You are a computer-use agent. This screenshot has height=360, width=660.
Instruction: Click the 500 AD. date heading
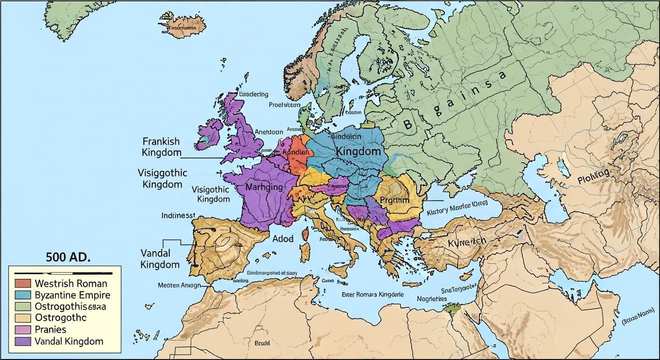click(68, 257)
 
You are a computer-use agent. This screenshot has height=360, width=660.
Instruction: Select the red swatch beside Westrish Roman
click(23, 283)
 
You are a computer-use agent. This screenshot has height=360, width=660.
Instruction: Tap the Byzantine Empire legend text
click(72, 295)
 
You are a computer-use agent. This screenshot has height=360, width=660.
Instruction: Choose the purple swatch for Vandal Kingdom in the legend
click(23, 341)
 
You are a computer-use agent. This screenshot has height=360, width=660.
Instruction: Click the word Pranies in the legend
click(51, 330)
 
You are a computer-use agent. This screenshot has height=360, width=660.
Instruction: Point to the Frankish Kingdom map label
click(161, 147)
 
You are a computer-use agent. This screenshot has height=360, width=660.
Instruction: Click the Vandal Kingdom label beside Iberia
click(160, 259)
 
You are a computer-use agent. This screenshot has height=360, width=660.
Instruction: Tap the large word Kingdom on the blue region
click(358, 152)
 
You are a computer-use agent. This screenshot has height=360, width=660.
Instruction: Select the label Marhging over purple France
click(264, 187)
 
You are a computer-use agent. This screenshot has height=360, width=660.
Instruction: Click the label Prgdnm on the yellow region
click(395, 200)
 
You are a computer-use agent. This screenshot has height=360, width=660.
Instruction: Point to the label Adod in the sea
click(283, 239)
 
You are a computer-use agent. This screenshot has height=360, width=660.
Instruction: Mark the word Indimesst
click(178, 216)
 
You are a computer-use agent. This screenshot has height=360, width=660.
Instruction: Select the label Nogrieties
click(431, 299)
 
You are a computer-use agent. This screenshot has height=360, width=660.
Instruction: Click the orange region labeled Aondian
click(298, 154)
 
